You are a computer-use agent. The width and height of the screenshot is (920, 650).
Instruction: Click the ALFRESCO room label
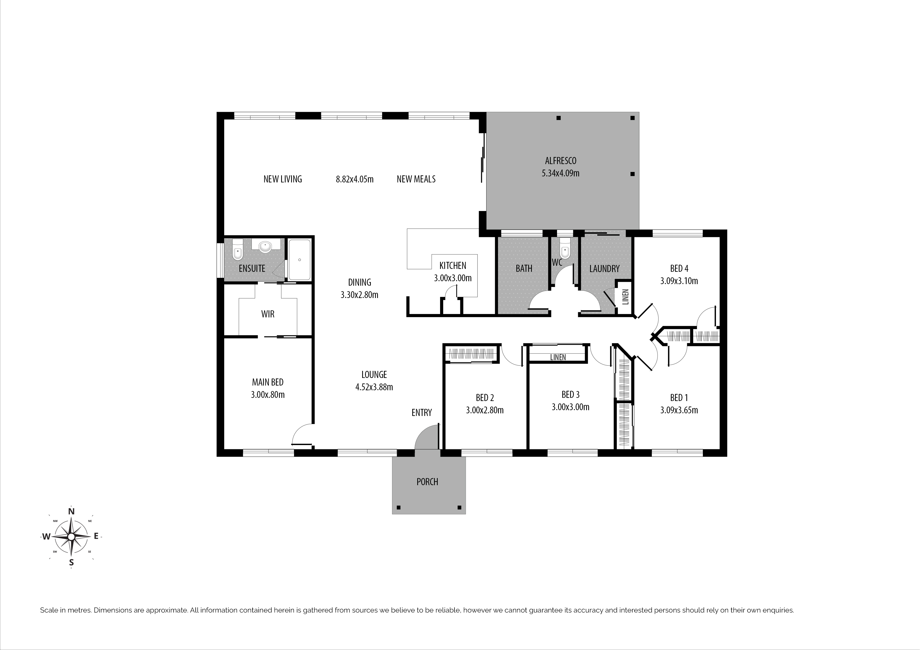[x=560, y=161]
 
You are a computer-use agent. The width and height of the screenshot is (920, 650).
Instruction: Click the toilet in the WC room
[x=565, y=249]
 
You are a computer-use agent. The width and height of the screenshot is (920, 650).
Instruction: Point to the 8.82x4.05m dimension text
[x=355, y=179]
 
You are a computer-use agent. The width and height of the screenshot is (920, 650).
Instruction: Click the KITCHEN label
[x=453, y=266]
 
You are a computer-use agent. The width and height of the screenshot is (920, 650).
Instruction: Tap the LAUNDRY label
[x=604, y=269]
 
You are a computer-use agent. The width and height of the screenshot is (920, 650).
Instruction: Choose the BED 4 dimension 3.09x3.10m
[x=679, y=281]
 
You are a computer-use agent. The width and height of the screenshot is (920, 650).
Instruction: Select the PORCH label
[x=427, y=482]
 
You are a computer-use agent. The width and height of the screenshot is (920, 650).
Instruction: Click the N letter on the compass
[x=71, y=511]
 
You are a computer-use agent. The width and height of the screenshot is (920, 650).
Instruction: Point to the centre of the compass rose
[x=71, y=536]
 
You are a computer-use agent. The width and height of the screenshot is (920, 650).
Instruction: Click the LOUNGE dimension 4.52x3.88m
[x=374, y=387]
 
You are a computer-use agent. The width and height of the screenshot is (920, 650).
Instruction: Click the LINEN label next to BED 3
[x=558, y=357]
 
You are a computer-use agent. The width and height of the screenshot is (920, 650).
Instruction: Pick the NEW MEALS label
[x=416, y=179]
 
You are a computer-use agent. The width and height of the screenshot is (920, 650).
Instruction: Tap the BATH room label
[x=524, y=268]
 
